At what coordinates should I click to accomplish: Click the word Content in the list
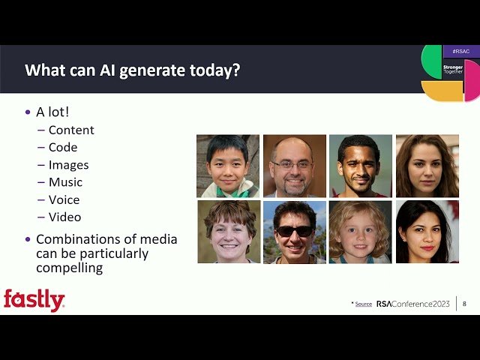pos(71,130)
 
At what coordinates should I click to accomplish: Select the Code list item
pos(63,148)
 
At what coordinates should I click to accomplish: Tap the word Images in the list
pos(68,165)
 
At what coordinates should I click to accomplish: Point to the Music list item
pos(65,182)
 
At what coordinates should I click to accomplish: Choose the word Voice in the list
pos(64,199)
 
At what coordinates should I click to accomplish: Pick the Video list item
pos(64,217)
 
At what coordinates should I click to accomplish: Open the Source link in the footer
pos(363,304)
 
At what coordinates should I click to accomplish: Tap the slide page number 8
pos(464,304)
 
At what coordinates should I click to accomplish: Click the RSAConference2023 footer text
pos(412,304)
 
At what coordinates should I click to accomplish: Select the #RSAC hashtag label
pos(460,52)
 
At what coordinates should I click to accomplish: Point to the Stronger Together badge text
pos(453,69)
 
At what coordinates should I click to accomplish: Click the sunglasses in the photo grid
pos(294,231)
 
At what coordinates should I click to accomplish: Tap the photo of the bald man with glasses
pos(294,166)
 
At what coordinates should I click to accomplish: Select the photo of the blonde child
pos(361,232)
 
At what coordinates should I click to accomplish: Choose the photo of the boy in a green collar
pos(228,166)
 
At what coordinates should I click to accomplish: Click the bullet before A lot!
pos(28,112)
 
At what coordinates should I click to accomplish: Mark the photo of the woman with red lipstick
pos(427,232)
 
